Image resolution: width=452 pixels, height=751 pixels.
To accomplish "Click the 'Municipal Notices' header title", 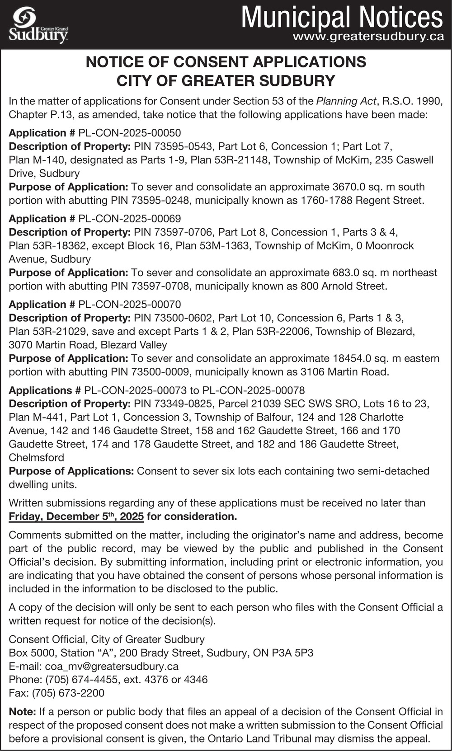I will pos(342,17).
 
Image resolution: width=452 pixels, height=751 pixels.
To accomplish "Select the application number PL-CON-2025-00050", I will pos(130,133).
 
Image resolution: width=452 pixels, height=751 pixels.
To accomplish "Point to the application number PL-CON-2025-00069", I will pos(130,219).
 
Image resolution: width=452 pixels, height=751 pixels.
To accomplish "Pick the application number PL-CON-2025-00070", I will pos(130,305).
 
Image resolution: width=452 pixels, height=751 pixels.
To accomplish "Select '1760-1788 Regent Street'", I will pos(362,200).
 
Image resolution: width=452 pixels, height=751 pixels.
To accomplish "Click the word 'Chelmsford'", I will pos(37,457).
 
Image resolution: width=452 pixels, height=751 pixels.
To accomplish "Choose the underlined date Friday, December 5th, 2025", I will pos(76,516).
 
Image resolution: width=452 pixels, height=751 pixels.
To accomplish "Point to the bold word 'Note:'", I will pos(22,712).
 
